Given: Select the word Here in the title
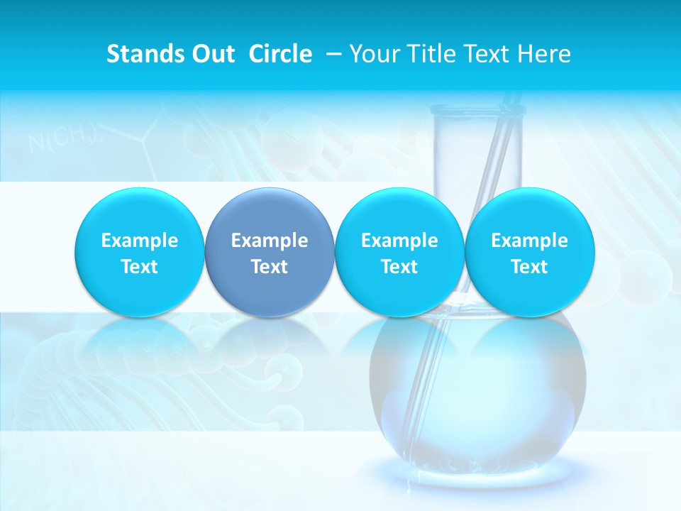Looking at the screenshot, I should [545, 54].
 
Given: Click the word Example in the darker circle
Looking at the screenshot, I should [270, 241].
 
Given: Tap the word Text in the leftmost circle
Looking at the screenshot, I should [140, 267].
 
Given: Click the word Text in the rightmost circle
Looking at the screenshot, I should [529, 267].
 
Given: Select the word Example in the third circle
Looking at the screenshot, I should [399, 241].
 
